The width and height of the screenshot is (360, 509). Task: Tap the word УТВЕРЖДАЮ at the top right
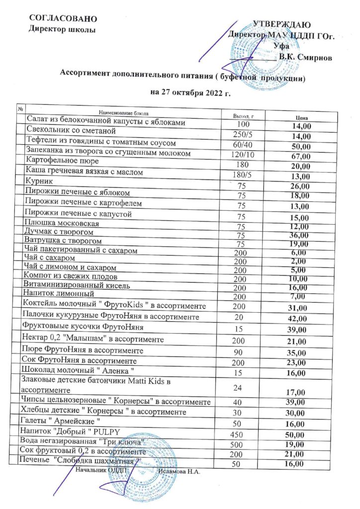click(282, 24)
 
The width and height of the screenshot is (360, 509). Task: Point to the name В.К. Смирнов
click(304, 56)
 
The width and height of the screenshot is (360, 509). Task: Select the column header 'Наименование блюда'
click(124, 113)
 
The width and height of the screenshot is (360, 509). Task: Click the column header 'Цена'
click(300, 117)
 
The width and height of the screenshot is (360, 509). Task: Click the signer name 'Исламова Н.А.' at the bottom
click(178, 471)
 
